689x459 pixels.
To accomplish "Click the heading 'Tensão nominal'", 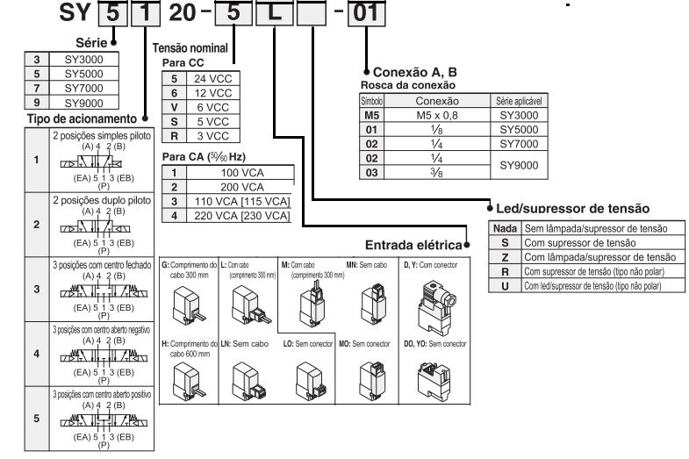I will tap(192, 49).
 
